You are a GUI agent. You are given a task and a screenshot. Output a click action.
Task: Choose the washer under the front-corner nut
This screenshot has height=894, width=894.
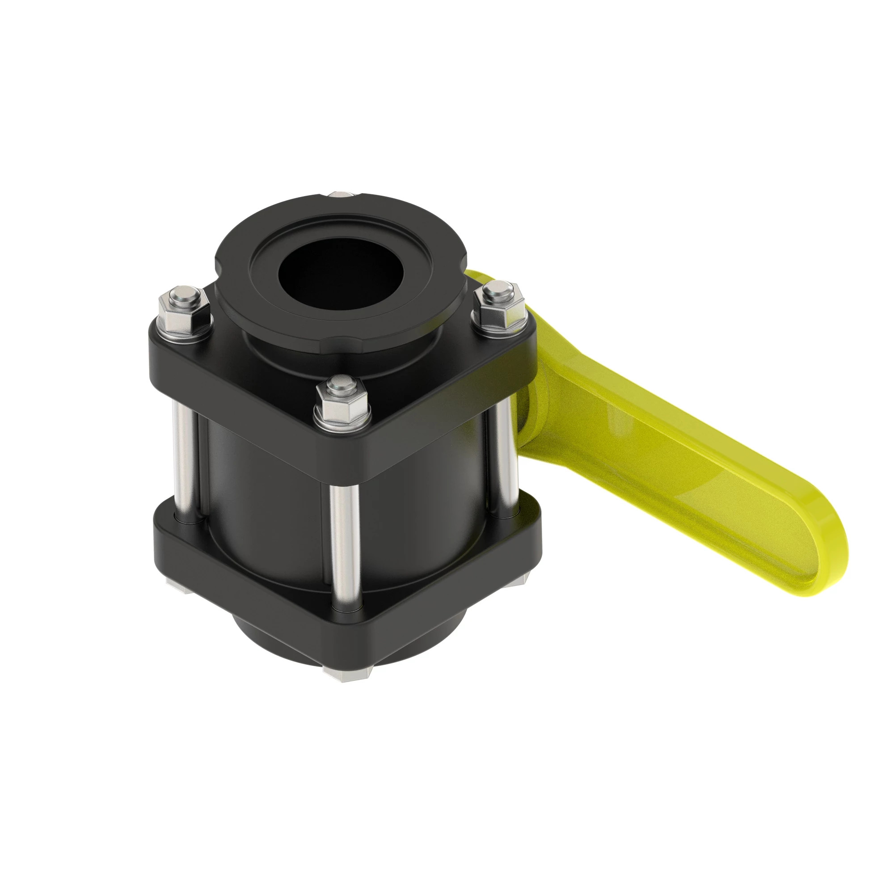(x=343, y=422)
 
